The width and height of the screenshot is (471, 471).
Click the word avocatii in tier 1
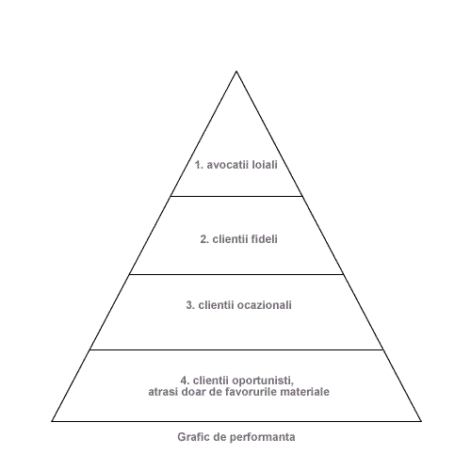[x=228, y=165]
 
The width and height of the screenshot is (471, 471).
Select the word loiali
[x=265, y=165]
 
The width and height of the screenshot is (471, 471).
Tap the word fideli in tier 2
[x=265, y=239]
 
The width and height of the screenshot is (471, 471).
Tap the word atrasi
[x=160, y=392]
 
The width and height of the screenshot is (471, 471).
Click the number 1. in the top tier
[x=199, y=165]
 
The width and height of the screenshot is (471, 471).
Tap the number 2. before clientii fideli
[x=204, y=239]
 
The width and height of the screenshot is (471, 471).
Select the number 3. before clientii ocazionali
[x=190, y=305]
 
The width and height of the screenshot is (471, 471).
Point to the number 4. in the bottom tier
[x=185, y=381]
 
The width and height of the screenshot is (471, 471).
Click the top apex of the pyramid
[x=236, y=72]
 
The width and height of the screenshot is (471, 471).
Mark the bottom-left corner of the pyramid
[x=52, y=421]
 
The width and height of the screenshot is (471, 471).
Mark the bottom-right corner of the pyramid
[x=421, y=421]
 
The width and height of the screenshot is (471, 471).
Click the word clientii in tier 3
[x=216, y=305]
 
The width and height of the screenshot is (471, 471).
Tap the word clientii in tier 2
[x=231, y=239]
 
